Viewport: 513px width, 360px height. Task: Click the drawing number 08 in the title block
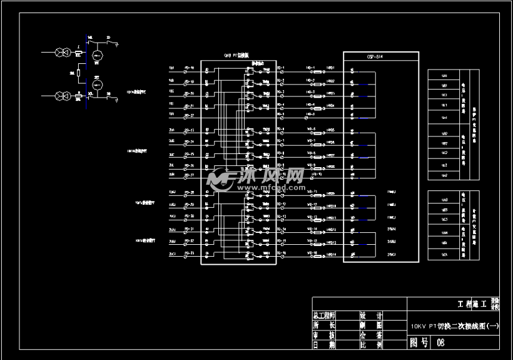pos(441,342)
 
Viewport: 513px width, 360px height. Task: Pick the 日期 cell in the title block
pos(324,345)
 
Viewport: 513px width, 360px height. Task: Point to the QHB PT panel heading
pos(236,56)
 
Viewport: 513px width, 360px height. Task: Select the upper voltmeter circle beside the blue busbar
pos(97,56)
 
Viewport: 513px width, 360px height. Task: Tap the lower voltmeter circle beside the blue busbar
pos(97,84)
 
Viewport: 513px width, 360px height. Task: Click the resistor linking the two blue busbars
pos(79,75)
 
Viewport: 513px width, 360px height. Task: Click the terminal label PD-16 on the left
pos(189,68)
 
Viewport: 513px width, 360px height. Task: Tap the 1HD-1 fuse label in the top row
pos(310,68)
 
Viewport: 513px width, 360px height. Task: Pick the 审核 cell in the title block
pos(324,335)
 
